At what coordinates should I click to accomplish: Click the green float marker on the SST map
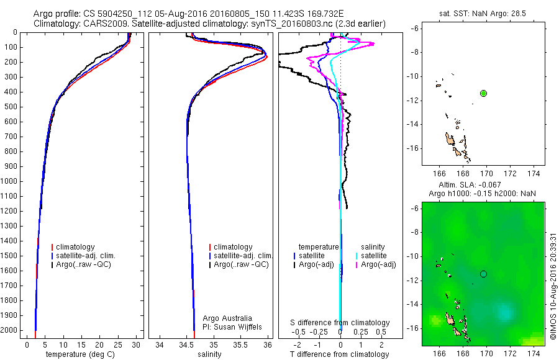click(483, 93)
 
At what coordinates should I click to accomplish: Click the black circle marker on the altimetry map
click(483, 274)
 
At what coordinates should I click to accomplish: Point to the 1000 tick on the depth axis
click(11, 181)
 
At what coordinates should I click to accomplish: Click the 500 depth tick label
click(11, 107)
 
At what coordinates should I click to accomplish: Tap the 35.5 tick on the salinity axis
click(240, 344)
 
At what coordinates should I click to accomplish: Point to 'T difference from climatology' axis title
click(339, 354)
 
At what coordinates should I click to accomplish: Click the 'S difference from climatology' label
click(340, 323)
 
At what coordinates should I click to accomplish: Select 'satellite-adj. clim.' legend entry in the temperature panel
click(86, 256)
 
